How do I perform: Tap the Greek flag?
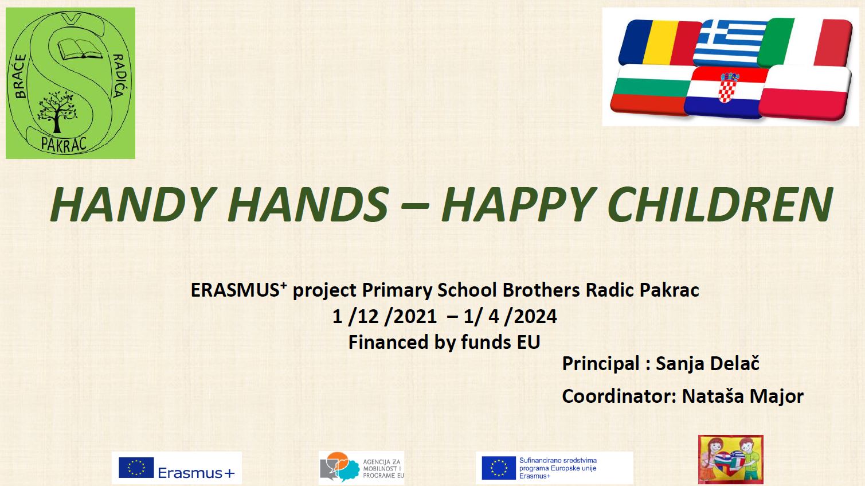click(x=730, y=42)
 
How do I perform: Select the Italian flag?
click(x=805, y=42)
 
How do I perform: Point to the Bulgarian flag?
click(x=651, y=90)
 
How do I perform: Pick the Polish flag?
click(x=805, y=93)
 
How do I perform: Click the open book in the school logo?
click(x=80, y=49)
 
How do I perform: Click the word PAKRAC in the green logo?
click(x=64, y=144)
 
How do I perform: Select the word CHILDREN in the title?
click(x=720, y=204)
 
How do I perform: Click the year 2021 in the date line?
click(x=415, y=316)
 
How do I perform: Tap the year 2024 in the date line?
click(x=535, y=316)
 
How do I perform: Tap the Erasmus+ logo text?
click(x=196, y=472)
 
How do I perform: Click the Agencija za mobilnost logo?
click(x=362, y=468)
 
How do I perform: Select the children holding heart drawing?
click(x=731, y=460)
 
